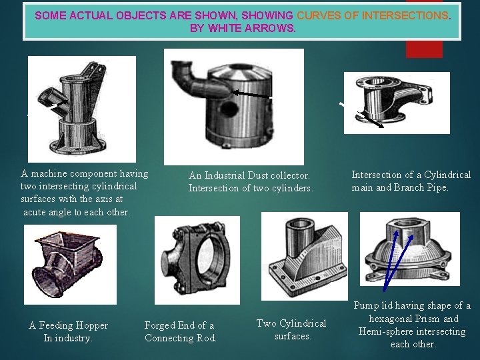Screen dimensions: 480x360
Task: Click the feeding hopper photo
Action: click(x=70, y=265)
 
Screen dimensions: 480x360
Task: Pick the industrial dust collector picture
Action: click(x=233, y=107)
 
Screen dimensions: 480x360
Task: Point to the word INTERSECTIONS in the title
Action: click(x=407, y=15)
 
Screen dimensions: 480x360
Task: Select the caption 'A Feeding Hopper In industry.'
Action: click(x=68, y=331)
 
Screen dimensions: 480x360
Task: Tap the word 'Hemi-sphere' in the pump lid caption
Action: click(x=388, y=331)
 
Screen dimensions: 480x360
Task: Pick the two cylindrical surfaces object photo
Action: click(x=304, y=257)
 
